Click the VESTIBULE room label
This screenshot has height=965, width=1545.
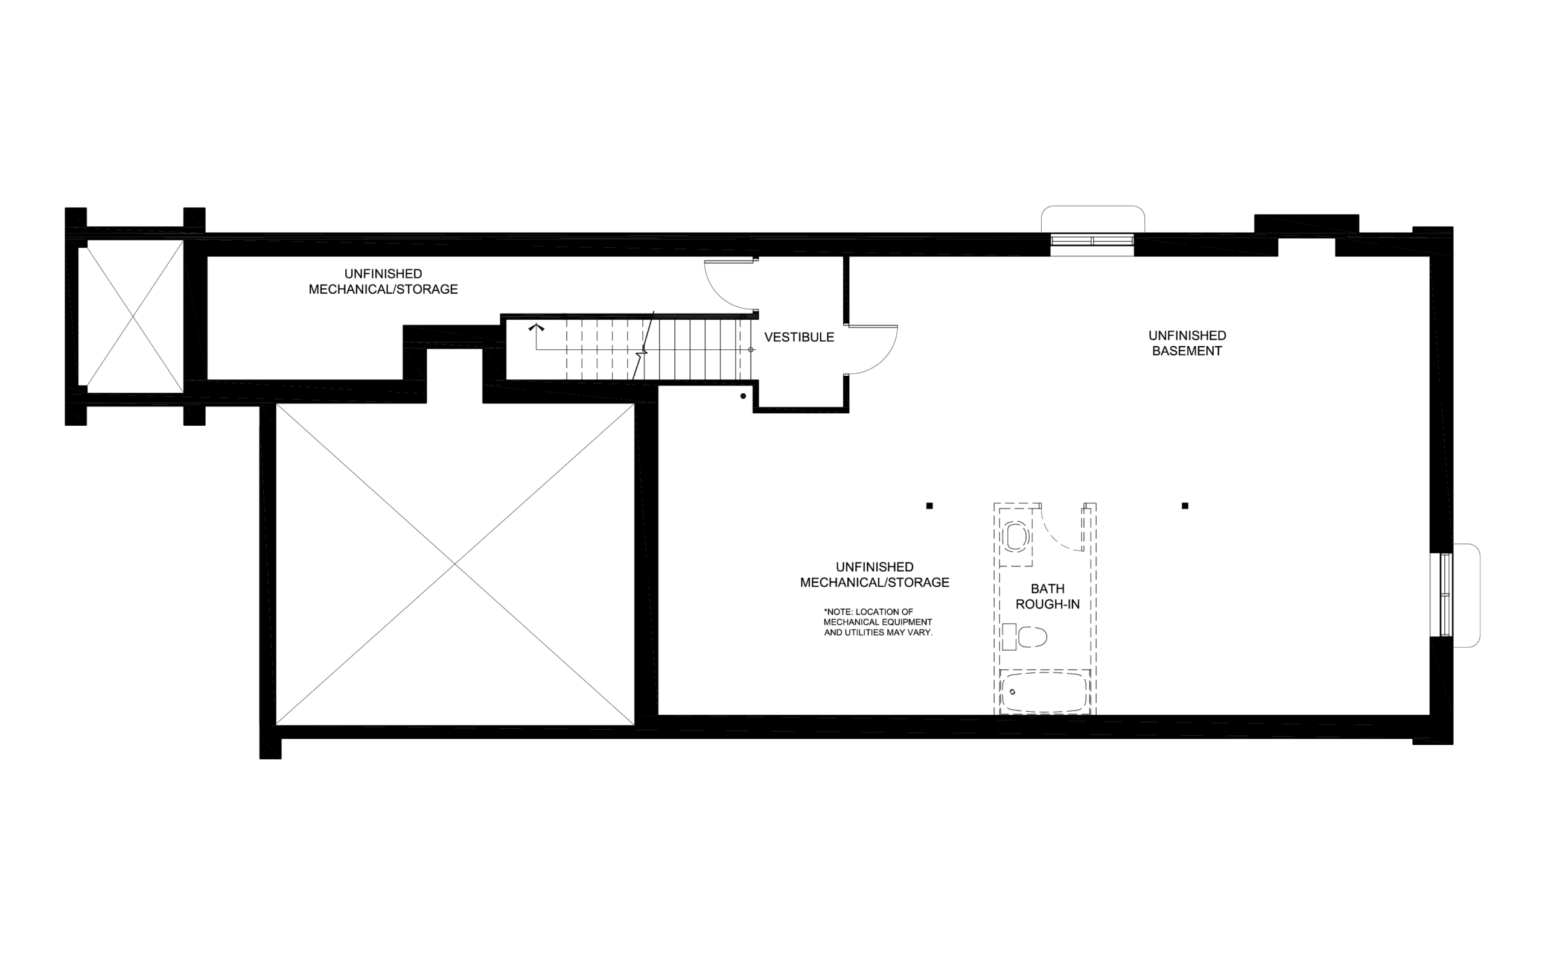tap(798, 337)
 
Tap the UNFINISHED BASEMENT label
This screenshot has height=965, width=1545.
tap(1187, 343)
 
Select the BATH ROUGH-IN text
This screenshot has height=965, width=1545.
tap(1048, 596)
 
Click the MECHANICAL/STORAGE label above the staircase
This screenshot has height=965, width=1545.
tap(383, 289)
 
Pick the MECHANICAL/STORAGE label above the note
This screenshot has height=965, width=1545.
tap(874, 582)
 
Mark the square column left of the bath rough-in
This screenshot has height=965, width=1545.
tap(929, 506)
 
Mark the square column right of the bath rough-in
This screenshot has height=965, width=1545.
tap(1185, 506)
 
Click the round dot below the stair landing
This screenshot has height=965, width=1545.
tap(743, 396)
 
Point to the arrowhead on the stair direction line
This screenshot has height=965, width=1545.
tap(537, 328)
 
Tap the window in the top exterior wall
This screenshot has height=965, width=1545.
tap(1092, 241)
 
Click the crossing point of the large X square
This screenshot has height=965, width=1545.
tap(454, 564)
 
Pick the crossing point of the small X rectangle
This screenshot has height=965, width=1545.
tap(134, 317)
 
